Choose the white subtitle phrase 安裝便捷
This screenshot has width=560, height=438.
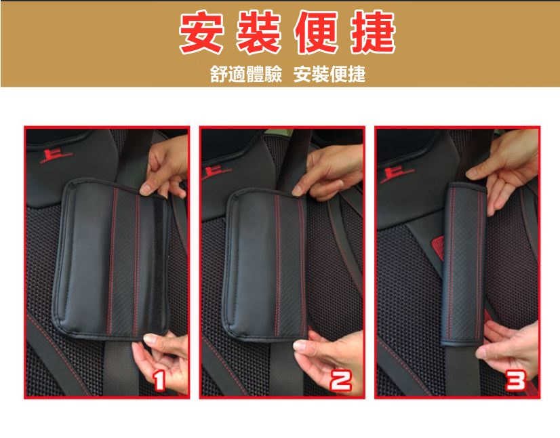pos(330,74)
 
